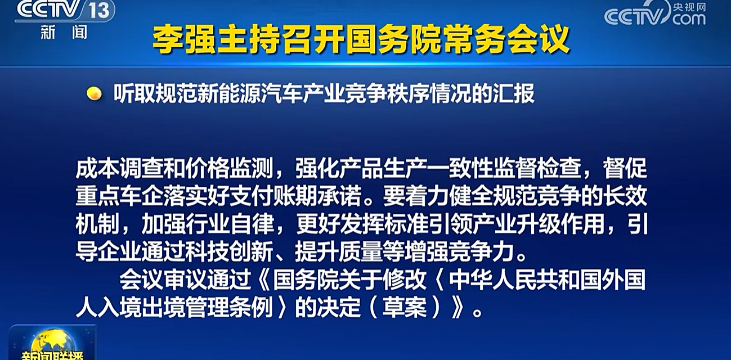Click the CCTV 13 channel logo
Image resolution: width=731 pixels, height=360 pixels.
coord(65,19)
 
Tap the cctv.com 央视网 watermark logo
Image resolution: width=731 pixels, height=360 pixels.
coord(655,13)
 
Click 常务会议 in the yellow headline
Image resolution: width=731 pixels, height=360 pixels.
coord(506,39)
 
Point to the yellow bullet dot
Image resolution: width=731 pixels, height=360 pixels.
coord(94,93)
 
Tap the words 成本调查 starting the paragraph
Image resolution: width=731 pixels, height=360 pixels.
coord(119,169)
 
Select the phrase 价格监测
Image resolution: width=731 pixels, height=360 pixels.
coord(229,169)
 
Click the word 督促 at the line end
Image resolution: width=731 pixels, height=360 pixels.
coord(625,169)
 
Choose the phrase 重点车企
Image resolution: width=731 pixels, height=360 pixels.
coord(119,196)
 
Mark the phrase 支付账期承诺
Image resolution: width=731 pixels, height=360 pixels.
coord(295,196)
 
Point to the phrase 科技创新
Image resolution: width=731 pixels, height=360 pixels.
coord(229,252)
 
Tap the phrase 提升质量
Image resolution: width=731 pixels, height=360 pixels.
coord(339,252)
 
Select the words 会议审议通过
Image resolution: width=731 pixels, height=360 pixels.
coord(185,280)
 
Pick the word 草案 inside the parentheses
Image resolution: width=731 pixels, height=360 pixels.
coord(405,307)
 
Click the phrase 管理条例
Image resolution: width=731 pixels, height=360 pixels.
coord(229,307)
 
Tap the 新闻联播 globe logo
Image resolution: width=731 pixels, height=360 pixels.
coord(52,343)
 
